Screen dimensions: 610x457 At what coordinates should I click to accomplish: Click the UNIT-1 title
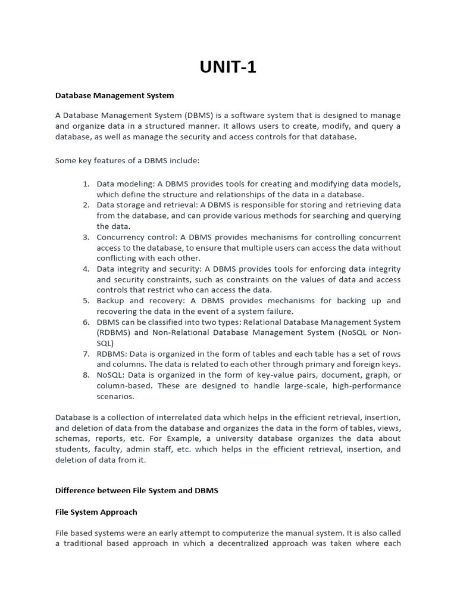(228, 67)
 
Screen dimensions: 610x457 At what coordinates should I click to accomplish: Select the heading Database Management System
(114, 95)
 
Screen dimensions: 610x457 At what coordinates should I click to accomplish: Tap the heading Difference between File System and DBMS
(137, 490)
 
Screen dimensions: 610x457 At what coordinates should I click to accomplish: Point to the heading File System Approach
(96, 512)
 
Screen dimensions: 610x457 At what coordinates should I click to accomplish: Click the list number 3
(86, 237)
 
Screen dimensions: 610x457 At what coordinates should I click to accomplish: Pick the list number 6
(86, 322)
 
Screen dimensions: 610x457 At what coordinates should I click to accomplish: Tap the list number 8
(86, 375)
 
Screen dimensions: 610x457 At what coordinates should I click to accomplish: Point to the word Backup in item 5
(111, 301)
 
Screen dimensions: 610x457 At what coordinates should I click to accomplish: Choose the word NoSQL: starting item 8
(111, 375)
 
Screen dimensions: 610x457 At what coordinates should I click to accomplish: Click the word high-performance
(368, 386)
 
